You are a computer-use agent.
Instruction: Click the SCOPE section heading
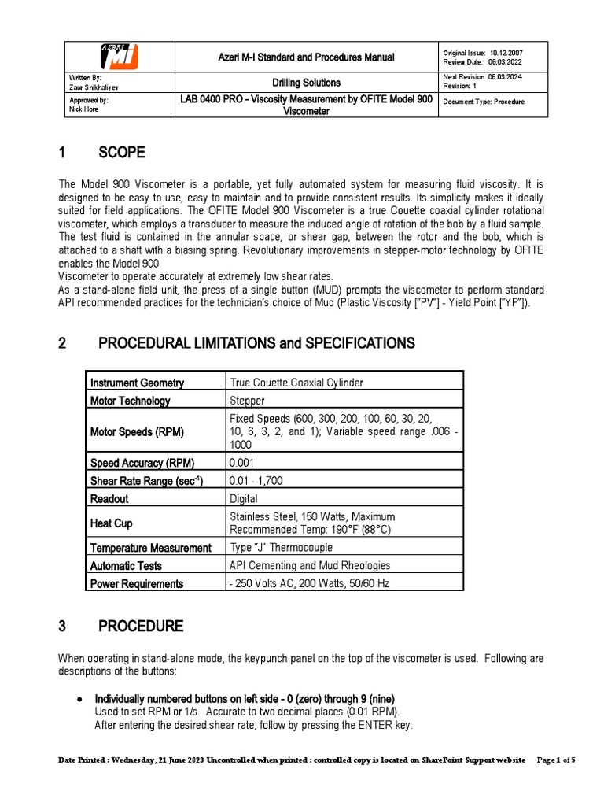click(x=121, y=152)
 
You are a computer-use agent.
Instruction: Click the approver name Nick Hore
click(x=85, y=110)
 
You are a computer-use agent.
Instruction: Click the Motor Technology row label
click(x=130, y=401)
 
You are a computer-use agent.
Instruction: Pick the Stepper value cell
click(x=247, y=401)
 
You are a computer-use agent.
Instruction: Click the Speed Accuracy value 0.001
click(x=241, y=462)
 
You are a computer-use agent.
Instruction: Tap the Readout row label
click(x=109, y=498)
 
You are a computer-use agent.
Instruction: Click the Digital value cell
click(x=243, y=498)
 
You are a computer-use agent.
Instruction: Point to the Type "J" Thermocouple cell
click(x=281, y=547)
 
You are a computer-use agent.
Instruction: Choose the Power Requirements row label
click(x=137, y=583)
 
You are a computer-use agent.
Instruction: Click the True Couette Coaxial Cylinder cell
click(x=296, y=383)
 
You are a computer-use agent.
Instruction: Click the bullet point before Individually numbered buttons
click(x=79, y=699)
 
